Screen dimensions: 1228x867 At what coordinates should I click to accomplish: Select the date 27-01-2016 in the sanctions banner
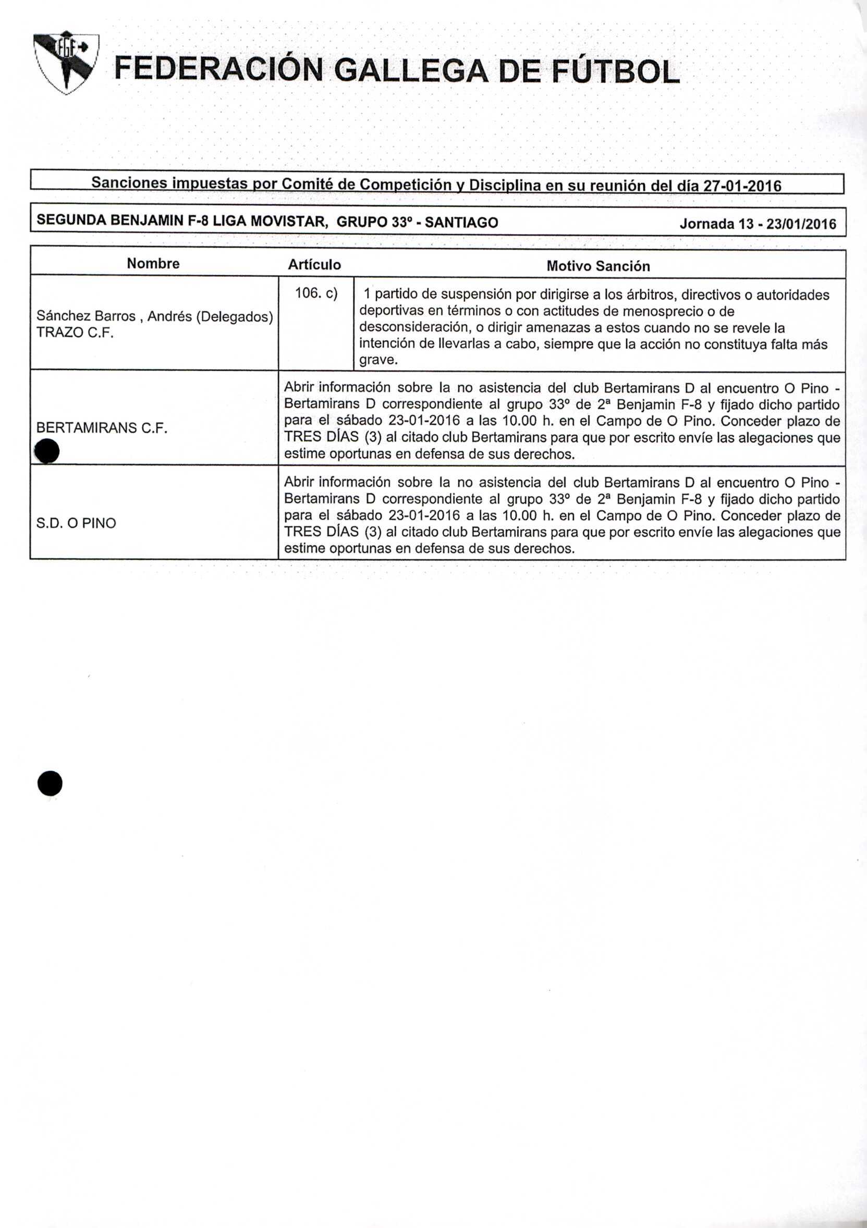pyautogui.click(x=742, y=186)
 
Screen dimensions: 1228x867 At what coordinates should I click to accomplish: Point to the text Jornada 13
pyautogui.click(x=720, y=224)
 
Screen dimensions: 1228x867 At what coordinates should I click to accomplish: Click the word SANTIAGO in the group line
pyautogui.click(x=461, y=222)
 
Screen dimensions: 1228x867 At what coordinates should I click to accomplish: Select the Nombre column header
pyautogui.click(x=153, y=263)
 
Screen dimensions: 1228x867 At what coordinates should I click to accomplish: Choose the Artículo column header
pyautogui.click(x=314, y=265)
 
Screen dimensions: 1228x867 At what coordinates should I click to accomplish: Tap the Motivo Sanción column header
pyautogui.click(x=598, y=266)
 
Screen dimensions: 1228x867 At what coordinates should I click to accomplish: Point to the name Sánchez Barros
pyautogui.click(x=86, y=316)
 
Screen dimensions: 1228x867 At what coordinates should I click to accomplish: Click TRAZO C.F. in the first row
pyautogui.click(x=75, y=332)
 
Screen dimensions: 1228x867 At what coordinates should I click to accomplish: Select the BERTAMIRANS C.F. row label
pyautogui.click(x=102, y=427)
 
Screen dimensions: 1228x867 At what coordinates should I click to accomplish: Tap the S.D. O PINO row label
pyautogui.click(x=76, y=523)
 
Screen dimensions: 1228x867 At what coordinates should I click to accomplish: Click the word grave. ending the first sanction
pyautogui.click(x=378, y=360)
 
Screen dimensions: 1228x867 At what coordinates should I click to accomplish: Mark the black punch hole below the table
pyautogui.click(x=50, y=784)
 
